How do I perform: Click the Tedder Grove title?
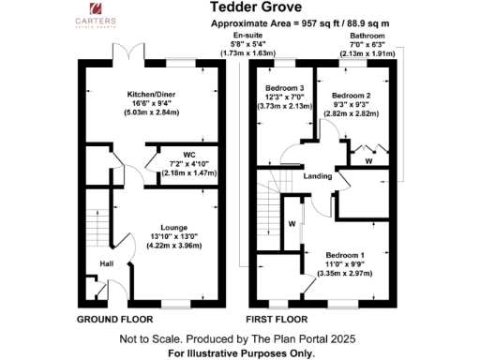(x=239, y=7)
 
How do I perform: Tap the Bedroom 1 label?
(x=346, y=255)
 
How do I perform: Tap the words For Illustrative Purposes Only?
(x=241, y=353)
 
